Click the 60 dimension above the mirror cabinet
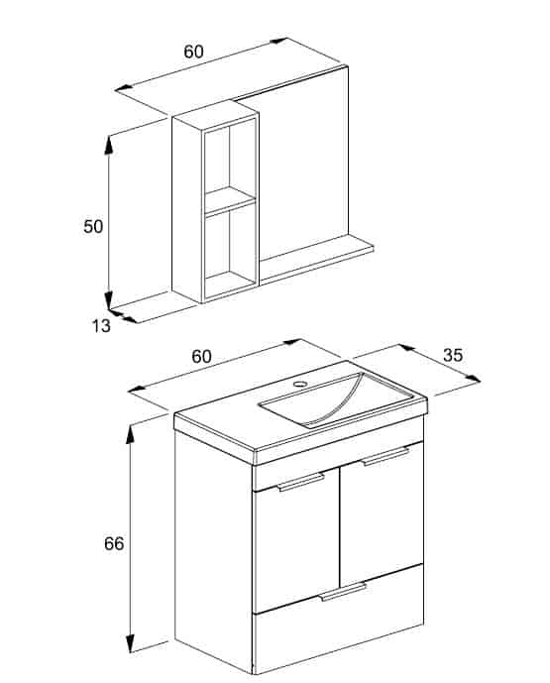click(x=193, y=52)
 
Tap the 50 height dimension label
click(x=93, y=226)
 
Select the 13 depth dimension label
click(x=101, y=326)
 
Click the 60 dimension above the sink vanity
click(x=201, y=356)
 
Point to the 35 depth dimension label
click(x=453, y=356)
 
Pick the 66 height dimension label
click(x=114, y=543)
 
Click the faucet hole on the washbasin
click(x=300, y=384)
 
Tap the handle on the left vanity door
click(x=301, y=482)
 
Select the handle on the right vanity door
click(x=385, y=457)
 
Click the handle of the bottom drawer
click(x=344, y=592)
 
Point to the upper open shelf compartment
click(x=230, y=159)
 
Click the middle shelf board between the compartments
click(x=230, y=200)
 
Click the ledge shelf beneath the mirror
click(x=316, y=260)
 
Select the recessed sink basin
click(x=335, y=399)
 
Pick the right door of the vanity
click(x=382, y=514)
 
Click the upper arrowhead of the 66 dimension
click(x=130, y=434)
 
